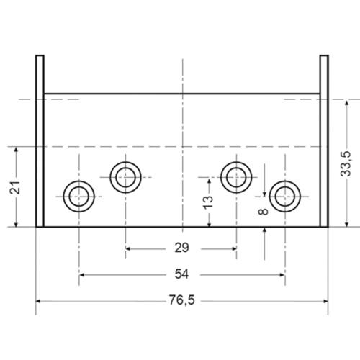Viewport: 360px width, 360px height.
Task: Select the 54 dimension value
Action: (x=181, y=274)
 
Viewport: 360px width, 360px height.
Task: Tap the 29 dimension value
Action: (x=181, y=248)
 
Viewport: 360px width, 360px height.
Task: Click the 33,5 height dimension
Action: (x=347, y=165)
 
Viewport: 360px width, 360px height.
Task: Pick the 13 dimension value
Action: (x=208, y=202)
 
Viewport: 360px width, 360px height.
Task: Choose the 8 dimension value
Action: (x=264, y=210)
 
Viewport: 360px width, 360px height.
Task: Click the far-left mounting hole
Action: (x=78, y=194)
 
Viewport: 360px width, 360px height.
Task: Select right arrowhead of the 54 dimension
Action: (x=282, y=274)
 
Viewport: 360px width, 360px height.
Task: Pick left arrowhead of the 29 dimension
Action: (x=129, y=248)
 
